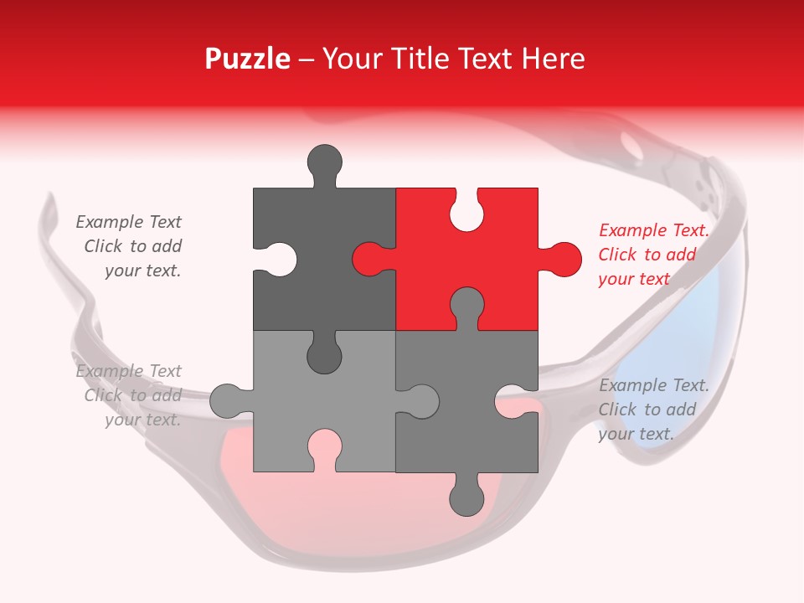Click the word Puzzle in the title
[248, 59]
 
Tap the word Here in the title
[553, 59]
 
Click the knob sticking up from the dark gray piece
[324, 162]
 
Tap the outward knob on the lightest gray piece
[228, 400]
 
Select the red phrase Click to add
[647, 255]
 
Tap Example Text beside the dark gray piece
[128, 222]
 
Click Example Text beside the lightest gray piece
[128, 371]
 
